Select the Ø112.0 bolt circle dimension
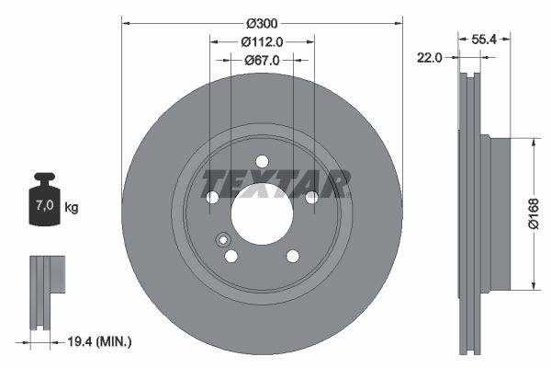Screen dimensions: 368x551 tap(262, 40)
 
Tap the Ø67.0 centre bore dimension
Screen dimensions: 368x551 tap(262, 60)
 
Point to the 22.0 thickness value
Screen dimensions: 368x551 tap(430, 57)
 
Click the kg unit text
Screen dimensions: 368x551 tap(72, 208)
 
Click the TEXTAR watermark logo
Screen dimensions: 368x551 tap(275, 184)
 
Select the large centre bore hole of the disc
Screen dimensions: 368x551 tap(262, 213)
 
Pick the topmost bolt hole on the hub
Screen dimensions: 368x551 tap(262, 161)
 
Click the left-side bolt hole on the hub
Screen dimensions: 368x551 tap(212, 197)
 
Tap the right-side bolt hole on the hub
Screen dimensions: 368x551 tap(311, 197)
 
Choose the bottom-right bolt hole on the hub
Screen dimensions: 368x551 tap(292, 256)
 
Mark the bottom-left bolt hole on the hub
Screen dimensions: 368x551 tap(231, 256)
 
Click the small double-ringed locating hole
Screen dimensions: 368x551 tap(222, 241)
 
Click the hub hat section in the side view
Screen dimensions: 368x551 tap(499, 213)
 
